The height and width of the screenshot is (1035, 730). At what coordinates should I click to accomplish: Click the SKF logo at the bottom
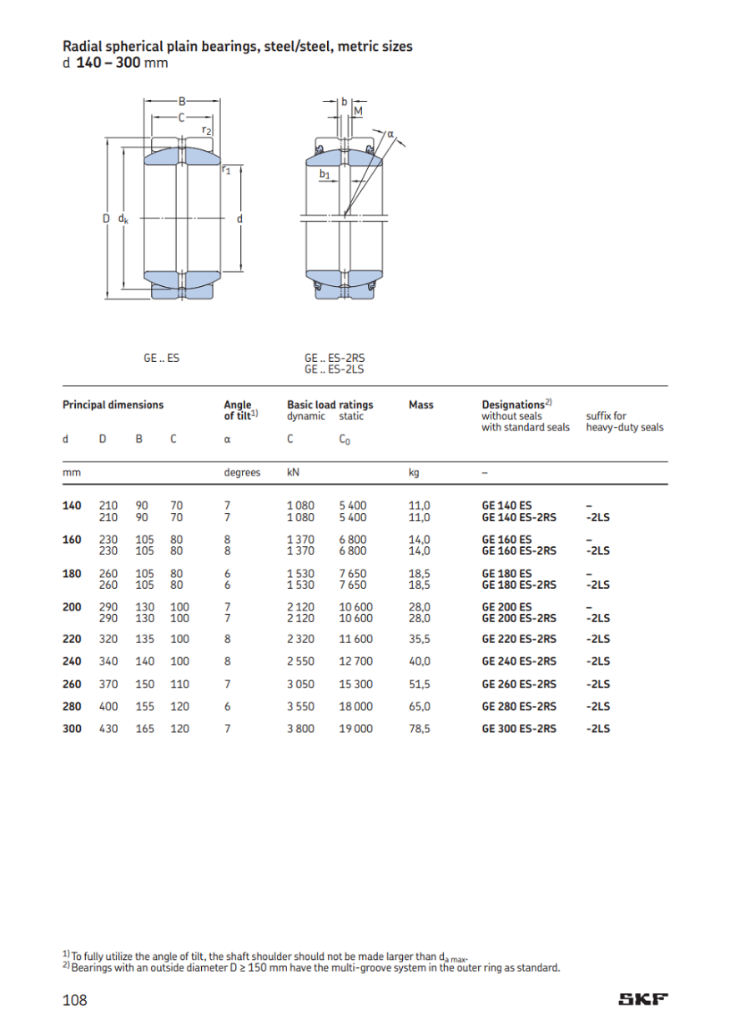point(643,1000)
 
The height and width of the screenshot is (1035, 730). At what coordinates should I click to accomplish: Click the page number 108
point(75,1000)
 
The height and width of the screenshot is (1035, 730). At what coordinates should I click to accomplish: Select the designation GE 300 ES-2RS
point(519,728)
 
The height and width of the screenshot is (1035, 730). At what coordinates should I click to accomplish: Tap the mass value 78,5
point(420,728)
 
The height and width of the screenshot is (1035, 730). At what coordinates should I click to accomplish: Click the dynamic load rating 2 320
point(300,640)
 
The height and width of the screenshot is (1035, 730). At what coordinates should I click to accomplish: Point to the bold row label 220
point(73,640)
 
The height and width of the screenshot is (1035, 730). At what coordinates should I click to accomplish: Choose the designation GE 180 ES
point(506,574)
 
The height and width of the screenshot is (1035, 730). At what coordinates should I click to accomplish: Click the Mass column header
point(420,405)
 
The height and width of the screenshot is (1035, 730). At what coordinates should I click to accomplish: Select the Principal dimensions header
point(113,405)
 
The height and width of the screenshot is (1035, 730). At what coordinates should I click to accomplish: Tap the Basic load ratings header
point(330,405)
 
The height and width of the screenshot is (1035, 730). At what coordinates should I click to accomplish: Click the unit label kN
point(293,472)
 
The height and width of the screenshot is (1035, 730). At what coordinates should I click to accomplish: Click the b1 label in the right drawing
point(325,174)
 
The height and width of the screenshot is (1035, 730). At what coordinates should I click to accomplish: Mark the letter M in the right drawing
point(358,111)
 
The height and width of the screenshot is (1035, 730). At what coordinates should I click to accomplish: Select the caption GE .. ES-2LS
point(335,369)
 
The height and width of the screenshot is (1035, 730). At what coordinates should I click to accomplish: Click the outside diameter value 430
point(108,728)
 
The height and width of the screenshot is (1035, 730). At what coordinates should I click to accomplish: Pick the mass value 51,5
point(420,684)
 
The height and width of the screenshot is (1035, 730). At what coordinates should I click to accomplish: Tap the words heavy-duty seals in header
point(626,427)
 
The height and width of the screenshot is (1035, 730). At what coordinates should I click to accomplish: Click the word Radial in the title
point(82,47)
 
